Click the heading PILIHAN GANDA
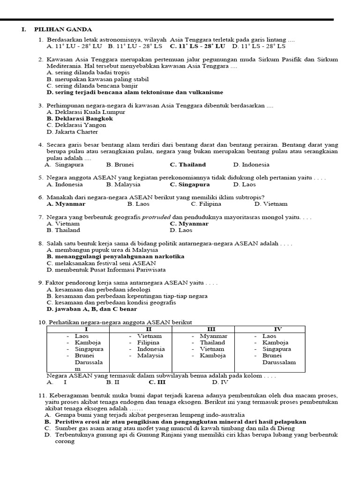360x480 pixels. tap(63, 30)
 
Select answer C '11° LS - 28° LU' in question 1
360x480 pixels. tap(197, 46)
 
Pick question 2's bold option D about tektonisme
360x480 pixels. tap(135, 92)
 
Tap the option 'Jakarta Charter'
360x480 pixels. tap(73, 132)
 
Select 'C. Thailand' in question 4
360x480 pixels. tap(187, 165)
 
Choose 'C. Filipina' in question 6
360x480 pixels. tap(206, 204)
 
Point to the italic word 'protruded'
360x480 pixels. tap(157, 217)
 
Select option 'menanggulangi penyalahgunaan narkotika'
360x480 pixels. tap(115, 256)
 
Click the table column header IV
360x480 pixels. tap(277, 329)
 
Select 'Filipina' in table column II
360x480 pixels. tap(149, 342)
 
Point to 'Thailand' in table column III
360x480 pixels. tap(213, 342)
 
